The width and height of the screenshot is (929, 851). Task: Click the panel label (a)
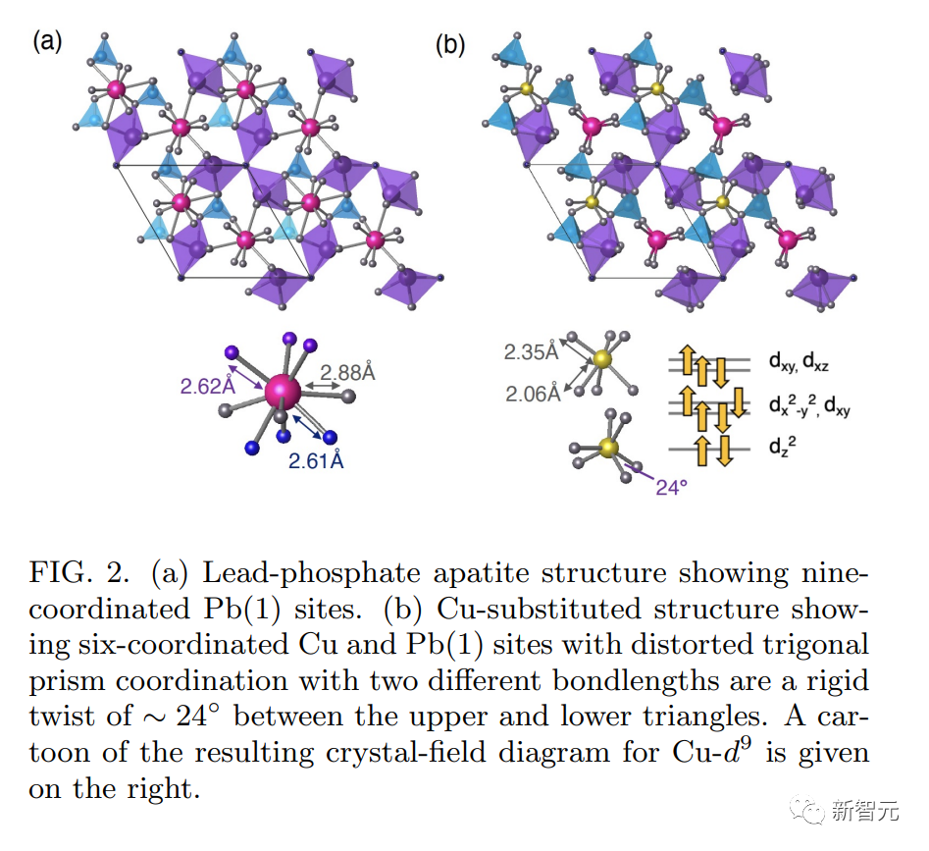pyautogui.click(x=47, y=42)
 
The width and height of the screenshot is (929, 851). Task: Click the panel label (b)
pyautogui.click(x=450, y=45)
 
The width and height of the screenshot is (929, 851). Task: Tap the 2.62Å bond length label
pyautogui.click(x=208, y=387)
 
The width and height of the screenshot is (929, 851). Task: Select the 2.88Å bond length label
pyautogui.click(x=348, y=372)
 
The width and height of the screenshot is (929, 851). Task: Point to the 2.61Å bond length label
pyautogui.click(x=316, y=460)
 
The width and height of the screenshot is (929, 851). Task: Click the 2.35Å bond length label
pyautogui.click(x=532, y=352)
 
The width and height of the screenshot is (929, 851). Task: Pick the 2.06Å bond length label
pyautogui.click(x=533, y=394)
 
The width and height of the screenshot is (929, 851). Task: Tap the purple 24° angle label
pyautogui.click(x=671, y=487)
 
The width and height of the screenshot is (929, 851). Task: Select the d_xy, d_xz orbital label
pyautogui.click(x=799, y=361)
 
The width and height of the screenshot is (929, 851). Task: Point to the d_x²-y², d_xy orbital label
pyautogui.click(x=808, y=404)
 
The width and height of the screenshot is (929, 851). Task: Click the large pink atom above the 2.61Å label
pyautogui.click(x=283, y=391)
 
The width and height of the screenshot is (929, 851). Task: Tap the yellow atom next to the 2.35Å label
pyautogui.click(x=602, y=359)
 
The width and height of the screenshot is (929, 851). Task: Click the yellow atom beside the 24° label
pyautogui.click(x=608, y=448)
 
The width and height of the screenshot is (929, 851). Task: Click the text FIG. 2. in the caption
pyautogui.click(x=79, y=572)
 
